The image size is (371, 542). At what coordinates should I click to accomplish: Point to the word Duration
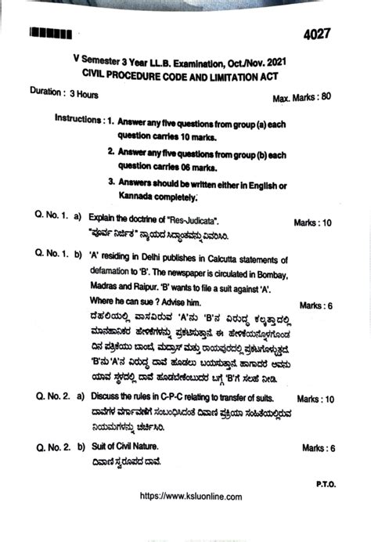[46, 92]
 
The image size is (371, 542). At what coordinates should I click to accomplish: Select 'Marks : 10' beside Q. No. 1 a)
[315, 223]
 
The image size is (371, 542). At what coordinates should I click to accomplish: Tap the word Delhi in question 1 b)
[160, 256]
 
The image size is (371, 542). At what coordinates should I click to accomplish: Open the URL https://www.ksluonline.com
[190, 497]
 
